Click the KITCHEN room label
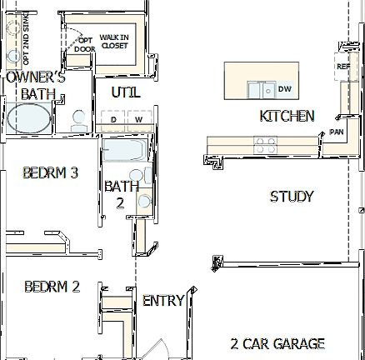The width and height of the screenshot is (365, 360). point(287,116)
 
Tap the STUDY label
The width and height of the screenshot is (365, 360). point(292,197)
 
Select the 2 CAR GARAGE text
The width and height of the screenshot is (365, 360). point(277,342)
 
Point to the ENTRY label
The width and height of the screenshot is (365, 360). point(163,301)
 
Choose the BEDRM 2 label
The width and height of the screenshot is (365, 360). point(52,287)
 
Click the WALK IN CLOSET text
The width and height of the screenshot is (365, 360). point(115,41)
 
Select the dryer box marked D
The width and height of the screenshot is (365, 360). point(113,121)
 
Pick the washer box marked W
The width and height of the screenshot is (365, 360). point(139,121)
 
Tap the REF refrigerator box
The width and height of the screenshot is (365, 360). point(342,67)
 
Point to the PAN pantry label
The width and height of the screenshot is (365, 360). point(337,132)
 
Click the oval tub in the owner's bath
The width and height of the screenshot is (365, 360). point(29,117)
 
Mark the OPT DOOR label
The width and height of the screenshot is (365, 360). point(84,44)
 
